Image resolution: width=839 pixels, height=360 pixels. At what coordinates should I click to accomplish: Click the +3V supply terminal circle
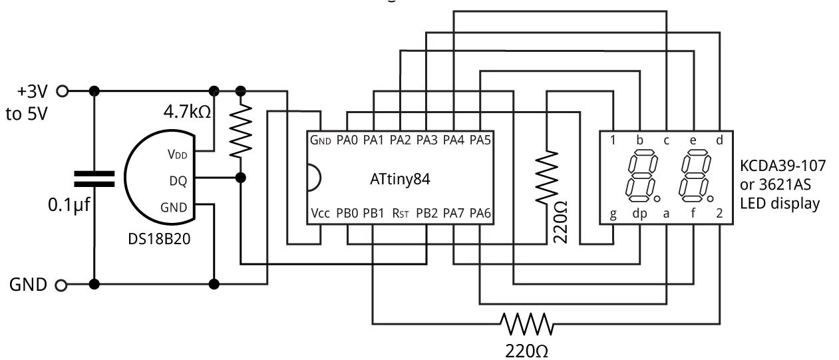coord(64,90)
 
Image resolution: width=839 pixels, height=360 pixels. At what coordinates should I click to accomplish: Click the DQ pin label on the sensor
coord(178,180)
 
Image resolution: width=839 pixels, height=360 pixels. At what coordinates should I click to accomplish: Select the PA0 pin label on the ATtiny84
coord(347,140)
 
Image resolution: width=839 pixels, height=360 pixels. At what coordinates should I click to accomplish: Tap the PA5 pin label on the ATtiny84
coord(480,140)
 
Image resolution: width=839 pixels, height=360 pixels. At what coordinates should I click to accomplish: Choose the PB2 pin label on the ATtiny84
coord(426,214)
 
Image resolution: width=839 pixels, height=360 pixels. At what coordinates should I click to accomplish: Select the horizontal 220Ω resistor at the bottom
coord(527,324)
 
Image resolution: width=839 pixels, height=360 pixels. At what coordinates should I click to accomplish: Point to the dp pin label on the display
coord(639,214)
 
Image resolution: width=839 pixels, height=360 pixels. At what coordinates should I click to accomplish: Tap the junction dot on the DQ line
coord(241,178)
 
